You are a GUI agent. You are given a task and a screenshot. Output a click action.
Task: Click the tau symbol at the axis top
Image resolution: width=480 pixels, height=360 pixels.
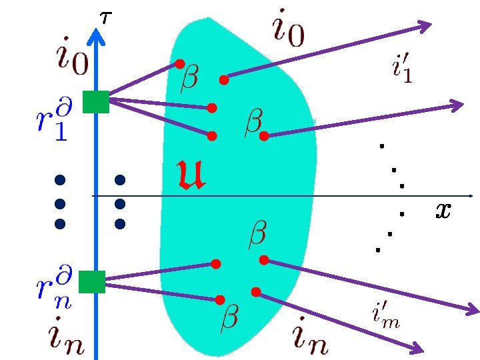point(105,17)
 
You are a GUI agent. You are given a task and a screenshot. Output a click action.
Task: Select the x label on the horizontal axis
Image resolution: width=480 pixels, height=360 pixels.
point(443,211)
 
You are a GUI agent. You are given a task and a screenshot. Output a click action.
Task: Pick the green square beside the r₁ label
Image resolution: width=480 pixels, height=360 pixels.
point(95,102)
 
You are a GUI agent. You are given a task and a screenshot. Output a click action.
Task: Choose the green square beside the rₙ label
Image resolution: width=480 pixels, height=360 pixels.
point(92,281)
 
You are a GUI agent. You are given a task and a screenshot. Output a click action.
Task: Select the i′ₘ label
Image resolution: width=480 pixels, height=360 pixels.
point(385,313)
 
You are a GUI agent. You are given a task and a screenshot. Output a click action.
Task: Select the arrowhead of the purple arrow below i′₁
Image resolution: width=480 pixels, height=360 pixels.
point(457,105)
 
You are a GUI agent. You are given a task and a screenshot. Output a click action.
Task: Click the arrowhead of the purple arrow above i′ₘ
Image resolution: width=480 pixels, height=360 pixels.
point(472,309)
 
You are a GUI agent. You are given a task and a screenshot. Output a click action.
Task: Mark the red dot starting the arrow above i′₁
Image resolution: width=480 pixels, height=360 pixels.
point(224,80)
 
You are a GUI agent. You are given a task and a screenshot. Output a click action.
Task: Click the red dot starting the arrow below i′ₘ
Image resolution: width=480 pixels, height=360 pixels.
point(255,291)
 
